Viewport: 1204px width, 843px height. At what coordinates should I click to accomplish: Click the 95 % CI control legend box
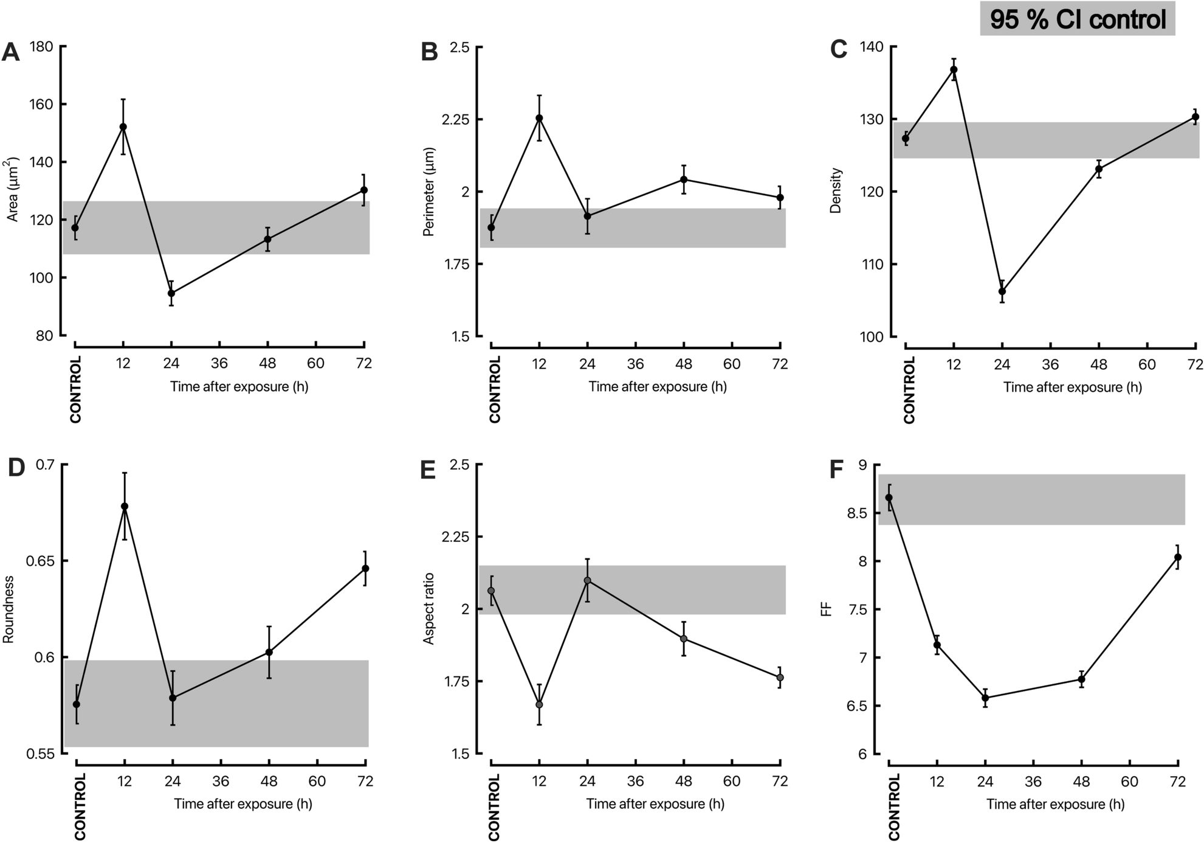coord(1077,19)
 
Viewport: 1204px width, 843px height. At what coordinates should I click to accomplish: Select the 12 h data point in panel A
coord(123,127)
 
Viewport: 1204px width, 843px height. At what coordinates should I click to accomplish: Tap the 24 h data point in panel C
coord(1002,291)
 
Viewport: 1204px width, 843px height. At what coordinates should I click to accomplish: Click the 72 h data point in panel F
coord(1178,557)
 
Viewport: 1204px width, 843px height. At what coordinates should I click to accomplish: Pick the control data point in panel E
coord(491,591)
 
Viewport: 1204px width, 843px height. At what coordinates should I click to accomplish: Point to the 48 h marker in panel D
coord(269,652)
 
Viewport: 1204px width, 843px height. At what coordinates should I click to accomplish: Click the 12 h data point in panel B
coord(539,118)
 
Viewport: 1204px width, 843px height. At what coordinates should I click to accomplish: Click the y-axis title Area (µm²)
coord(12,190)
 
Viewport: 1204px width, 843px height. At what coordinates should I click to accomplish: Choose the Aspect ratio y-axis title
coord(428,608)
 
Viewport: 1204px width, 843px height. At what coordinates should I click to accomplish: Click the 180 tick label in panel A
coord(41,47)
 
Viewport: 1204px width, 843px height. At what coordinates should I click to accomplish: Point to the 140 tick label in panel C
coord(872,47)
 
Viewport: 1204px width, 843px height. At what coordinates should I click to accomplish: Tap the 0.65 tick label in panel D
coord(38,561)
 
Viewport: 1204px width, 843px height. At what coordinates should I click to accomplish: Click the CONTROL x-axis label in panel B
coord(495,389)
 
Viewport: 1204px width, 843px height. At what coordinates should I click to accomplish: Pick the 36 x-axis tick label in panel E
coord(635,782)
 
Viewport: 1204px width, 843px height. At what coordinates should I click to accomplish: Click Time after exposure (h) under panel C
coord(1072,387)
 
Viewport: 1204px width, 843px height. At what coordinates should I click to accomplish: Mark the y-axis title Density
coord(836,190)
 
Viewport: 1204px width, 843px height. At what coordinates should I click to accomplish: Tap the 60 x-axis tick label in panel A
coord(315,364)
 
